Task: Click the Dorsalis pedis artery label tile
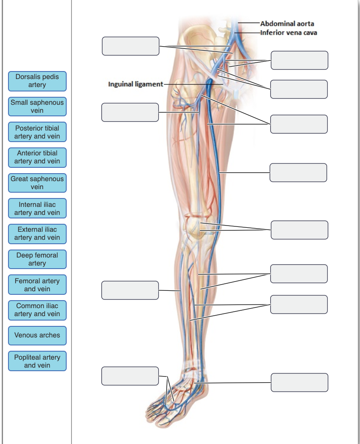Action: point(37,81)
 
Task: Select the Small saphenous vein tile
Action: point(37,106)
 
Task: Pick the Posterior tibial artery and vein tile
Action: point(37,132)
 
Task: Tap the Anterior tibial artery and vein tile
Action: point(37,157)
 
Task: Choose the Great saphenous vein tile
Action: point(37,183)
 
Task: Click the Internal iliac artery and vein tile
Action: point(37,209)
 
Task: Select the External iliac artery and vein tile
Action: point(37,234)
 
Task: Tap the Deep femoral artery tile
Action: point(37,259)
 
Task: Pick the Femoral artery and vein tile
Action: point(37,285)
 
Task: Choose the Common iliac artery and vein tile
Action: point(37,310)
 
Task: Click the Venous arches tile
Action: point(37,335)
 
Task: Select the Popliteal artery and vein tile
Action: point(37,361)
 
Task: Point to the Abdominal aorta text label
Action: point(287,24)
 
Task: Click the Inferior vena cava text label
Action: point(289,32)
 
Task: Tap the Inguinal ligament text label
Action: point(136,84)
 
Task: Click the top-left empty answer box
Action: point(130,46)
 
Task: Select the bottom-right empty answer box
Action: point(299,382)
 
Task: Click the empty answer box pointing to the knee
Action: point(299,230)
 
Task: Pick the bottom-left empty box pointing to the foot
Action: point(130,376)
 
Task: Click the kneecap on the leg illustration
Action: point(195,226)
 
